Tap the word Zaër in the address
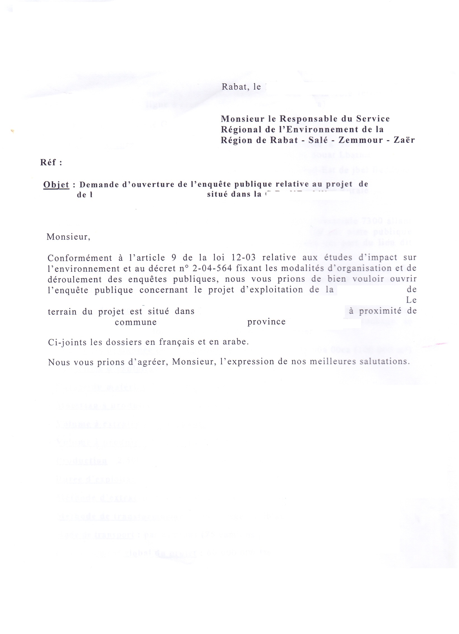404,140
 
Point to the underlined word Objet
56,185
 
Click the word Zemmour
360,140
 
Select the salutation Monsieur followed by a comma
68,237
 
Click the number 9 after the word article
173,257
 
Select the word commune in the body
136,322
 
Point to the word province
266,322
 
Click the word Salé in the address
318,140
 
